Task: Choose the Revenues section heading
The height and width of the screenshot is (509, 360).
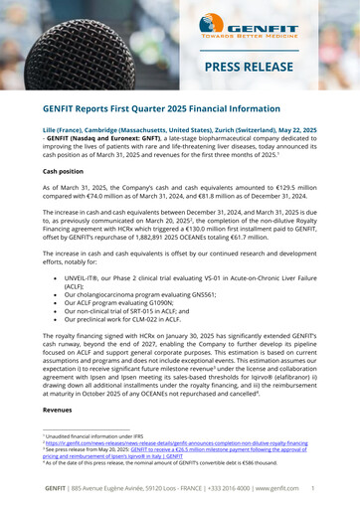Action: [58, 409]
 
